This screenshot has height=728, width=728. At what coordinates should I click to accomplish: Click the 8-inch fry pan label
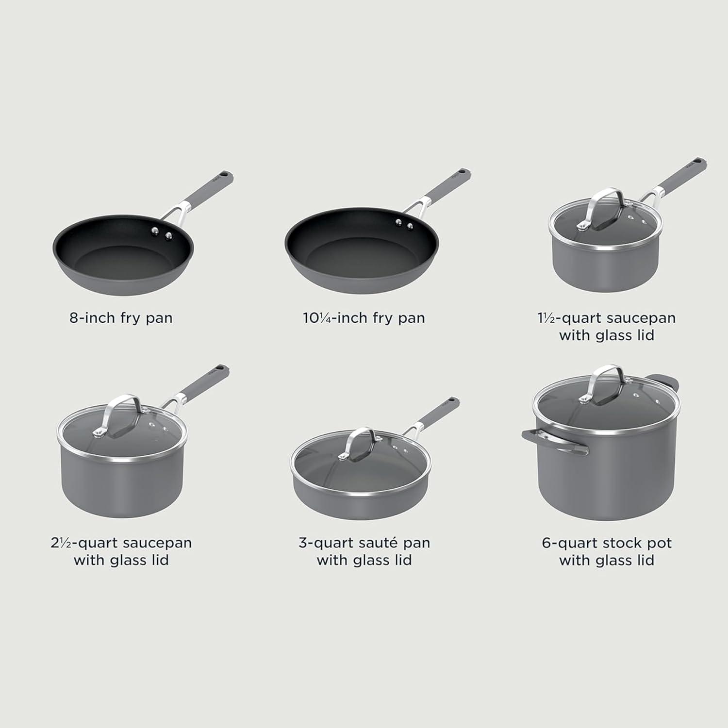click(x=121, y=318)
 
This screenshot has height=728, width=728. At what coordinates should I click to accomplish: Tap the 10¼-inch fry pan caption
click(x=364, y=318)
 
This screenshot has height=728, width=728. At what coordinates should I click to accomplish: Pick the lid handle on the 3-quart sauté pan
click(x=359, y=443)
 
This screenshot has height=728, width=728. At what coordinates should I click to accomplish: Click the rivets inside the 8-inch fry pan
click(x=162, y=233)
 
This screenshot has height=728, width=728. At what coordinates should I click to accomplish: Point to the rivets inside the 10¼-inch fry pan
click(x=405, y=224)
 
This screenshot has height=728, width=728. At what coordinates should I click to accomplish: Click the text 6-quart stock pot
click(x=607, y=543)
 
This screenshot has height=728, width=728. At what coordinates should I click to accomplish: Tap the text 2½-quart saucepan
click(x=121, y=543)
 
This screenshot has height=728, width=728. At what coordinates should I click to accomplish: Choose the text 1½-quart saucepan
click(x=607, y=318)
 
